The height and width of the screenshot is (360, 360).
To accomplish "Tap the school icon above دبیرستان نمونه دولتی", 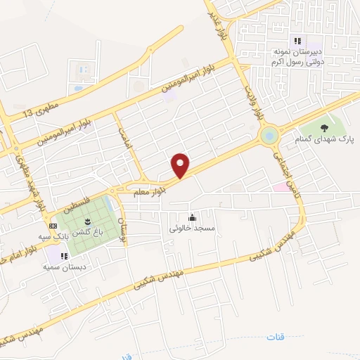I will point(297,41).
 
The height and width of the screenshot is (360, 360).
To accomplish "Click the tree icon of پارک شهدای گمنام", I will point(324,127).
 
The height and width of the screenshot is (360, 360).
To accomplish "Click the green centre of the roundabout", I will point(269,135).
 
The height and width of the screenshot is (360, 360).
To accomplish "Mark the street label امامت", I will point(126,138).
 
